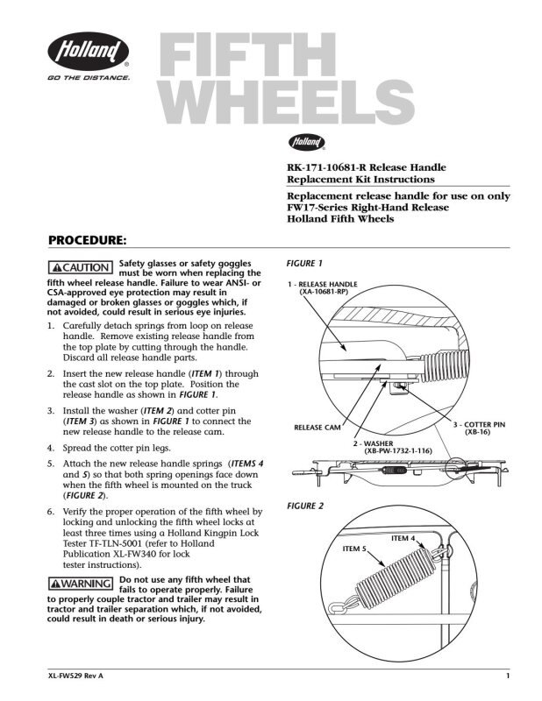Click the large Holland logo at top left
(89, 51)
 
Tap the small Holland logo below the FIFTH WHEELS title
(306, 142)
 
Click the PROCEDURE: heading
(88, 240)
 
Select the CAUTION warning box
(80, 267)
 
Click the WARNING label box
(81, 584)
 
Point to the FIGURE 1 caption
(304, 264)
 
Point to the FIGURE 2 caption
(305, 506)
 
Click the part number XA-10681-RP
(323, 292)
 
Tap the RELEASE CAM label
(317, 428)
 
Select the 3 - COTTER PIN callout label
(479, 424)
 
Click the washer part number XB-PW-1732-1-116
(398, 450)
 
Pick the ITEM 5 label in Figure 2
(354, 549)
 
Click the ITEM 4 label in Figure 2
(403, 538)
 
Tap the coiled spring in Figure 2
(396, 573)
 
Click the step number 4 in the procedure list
(51, 448)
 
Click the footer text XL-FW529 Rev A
(75, 676)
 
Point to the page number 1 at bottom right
(508, 676)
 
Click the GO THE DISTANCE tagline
(89, 78)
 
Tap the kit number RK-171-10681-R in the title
(326, 167)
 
